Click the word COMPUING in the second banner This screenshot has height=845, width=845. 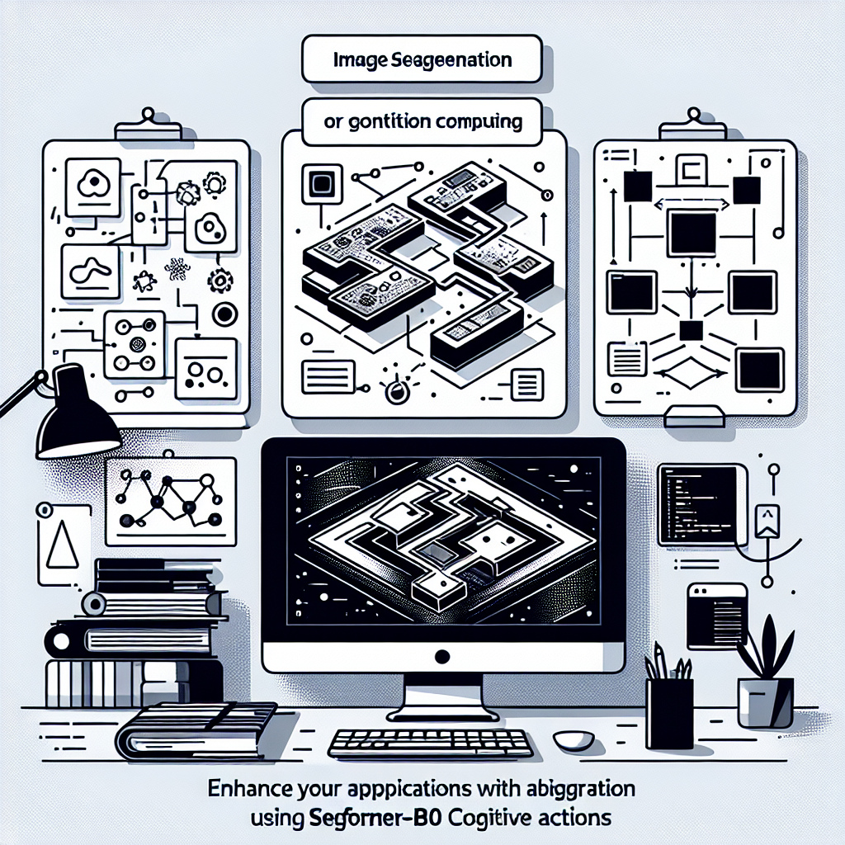tap(479, 122)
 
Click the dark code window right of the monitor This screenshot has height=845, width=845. tap(697, 504)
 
